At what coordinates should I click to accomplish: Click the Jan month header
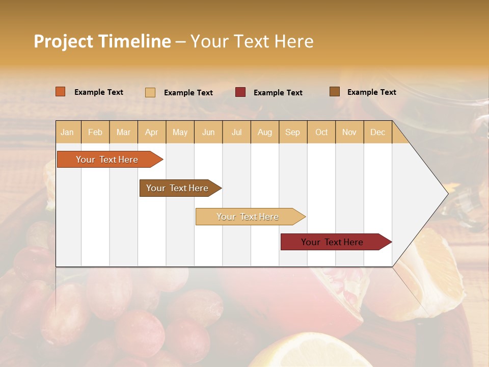(x=68, y=133)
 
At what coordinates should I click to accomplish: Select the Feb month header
(x=95, y=133)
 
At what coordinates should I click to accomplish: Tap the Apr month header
(x=151, y=133)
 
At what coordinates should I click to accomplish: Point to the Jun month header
(x=208, y=133)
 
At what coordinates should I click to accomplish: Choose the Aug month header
(x=264, y=133)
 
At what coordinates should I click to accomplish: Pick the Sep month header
(x=292, y=133)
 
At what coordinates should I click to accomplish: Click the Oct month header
(x=321, y=133)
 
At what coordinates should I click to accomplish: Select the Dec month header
(x=377, y=133)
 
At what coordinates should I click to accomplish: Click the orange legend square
(x=61, y=92)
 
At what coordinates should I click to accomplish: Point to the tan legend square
(x=150, y=92)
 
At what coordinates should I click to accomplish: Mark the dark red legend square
(x=240, y=92)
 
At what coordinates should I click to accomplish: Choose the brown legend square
(x=335, y=92)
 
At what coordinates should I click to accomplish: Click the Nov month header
(x=349, y=133)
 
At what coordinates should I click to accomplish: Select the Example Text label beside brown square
(x=371, y=92)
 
